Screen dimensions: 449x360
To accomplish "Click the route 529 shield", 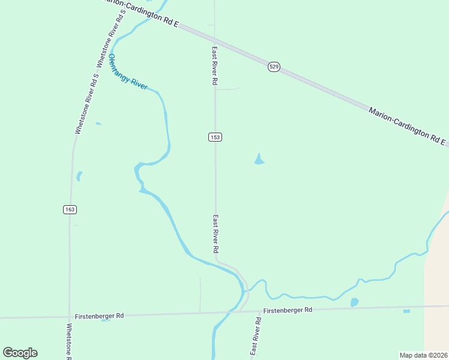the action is tap(274, 67).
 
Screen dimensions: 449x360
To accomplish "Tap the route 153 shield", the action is tap(215, 137).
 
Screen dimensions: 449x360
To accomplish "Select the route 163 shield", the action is tap(70, 209).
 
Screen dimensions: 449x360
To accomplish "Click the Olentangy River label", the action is tap(127, 72).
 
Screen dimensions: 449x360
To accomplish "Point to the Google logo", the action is tap(20, 353).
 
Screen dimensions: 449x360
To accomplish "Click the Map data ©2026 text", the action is tap(423, 355).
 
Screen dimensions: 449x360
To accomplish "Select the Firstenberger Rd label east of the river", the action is tap(288, 310).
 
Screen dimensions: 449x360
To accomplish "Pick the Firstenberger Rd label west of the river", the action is tap(99, 316).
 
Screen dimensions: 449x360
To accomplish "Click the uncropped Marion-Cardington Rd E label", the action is tap(408, 127).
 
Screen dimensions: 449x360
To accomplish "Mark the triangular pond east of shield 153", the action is tap(259, 160).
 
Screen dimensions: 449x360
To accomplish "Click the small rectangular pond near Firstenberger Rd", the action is tap(406, 311).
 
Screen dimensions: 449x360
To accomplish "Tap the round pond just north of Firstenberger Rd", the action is tap(354, 302).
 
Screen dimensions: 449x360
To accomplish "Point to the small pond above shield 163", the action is tap(79, 176).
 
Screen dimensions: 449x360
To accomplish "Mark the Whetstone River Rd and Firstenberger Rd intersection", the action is tap(69, 316).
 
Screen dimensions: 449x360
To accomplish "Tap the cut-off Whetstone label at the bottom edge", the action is tap(69, 341).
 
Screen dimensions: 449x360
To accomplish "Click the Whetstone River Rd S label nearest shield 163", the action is tap(86, 103).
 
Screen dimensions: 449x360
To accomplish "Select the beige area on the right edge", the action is tap(436, 282).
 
